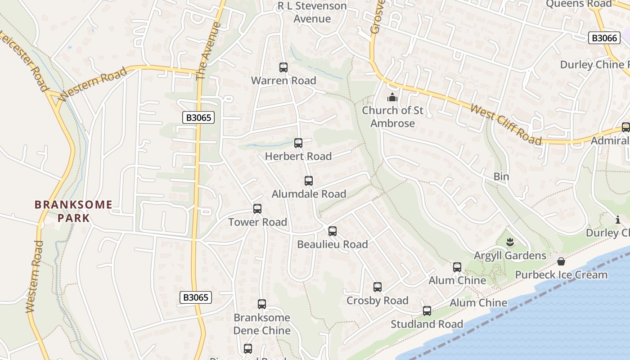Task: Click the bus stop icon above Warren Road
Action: pyautogui.click(x=283, y=67)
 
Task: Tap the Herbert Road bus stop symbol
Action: pyautogui.click(x=298, y=143)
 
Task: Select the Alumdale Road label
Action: pyautogui.click(x=309, y=194)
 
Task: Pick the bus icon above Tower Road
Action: pyautogui.click(x=257, y=209)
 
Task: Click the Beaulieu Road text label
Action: pyautogui.click(x=333, y=244)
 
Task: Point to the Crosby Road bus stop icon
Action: pyautogui.click(x=378, y=287)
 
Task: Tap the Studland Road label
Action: pyautogui.click(x=427, y=324)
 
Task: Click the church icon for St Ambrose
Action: pyautogui.click(x=392, y=97)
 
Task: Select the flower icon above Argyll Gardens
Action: pyautogui.click(x=510, y=243)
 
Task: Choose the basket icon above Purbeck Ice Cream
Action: pyautogui.click(x=561, y=261)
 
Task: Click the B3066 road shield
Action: pyautogui.click(x=604, y=38)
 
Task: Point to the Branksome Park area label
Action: pyautogui.click(x=73, y=211)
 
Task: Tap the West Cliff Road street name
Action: pyautogui.click(x=506, y=124)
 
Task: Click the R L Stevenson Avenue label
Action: pyautogui.click(x=312, y=12)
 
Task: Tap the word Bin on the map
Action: pyautogui.click(x=501, y=176)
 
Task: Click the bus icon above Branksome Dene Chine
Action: pyautogui.click(x=262, y=304)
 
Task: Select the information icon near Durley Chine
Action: pyautogui.click(x=617, y=220)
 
